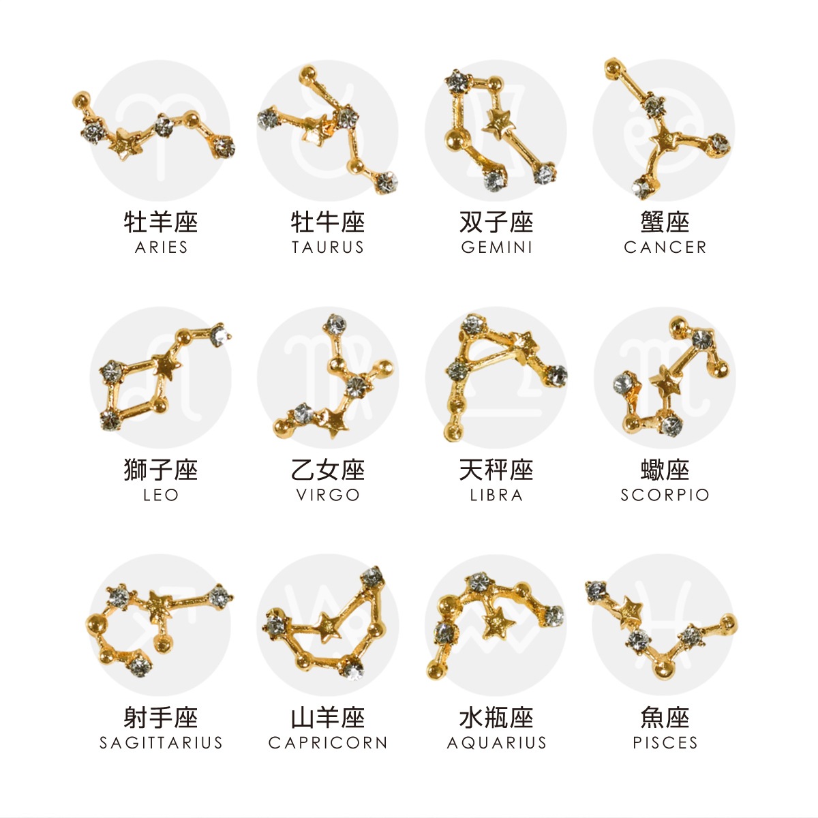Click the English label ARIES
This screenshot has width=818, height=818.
(x=161, y=247)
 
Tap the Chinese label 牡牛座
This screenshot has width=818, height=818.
(x=328, y=222)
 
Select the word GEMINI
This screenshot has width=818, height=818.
(x=496, y=247)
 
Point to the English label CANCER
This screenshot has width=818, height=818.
(x=665, y=247)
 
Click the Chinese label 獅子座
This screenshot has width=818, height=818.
(x=161, y=470)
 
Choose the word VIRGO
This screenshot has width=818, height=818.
(x=328, y=495)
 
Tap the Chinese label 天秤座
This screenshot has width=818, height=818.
(x=496, y=470)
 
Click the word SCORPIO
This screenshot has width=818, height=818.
(x=665, y=495)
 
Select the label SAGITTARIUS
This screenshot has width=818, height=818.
(x=161, y=742)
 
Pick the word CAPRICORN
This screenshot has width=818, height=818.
(x=328, y=742)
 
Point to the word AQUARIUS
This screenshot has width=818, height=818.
(x=496, y=742)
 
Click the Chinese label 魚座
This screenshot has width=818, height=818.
(x=665, y=717)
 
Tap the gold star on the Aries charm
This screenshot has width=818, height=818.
(x=123, y=144)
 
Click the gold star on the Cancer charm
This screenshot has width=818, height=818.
(x=663, y=141)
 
